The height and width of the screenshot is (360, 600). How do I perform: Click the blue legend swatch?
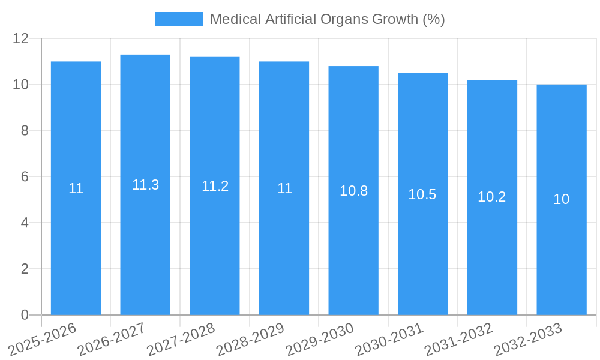coord(178,19)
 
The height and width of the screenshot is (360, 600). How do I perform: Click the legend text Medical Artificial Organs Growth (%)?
coord(327,19)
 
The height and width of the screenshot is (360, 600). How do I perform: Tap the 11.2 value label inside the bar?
coord(215,186)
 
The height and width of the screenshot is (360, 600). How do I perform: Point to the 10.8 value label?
coord(353,191)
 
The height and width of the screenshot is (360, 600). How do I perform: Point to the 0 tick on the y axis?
coord(25,315)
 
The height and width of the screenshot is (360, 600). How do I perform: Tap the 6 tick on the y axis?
coord(25,177)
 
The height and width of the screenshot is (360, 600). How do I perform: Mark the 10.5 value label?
coord(422,194)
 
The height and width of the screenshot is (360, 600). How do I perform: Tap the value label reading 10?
coord(562,200)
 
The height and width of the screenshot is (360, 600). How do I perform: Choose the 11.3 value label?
coord(145,185)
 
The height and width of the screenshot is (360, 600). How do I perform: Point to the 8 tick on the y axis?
coord(25,131)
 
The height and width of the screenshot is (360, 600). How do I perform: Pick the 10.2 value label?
coord(492,197)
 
